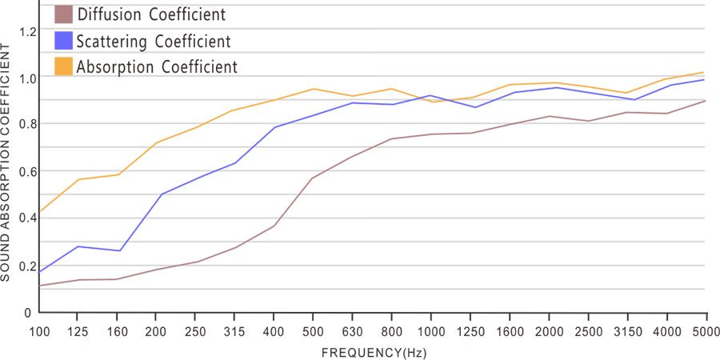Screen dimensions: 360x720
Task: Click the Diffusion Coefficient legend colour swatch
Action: click(63, 14)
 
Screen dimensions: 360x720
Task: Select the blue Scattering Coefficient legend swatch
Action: click(63, 40)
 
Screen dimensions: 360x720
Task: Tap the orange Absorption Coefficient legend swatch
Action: click(63, 66)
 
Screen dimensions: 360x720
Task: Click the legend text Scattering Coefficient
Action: click(153, 41)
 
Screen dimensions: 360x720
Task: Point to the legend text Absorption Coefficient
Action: click(157, 66)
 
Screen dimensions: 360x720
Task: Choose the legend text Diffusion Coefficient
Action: click(150, 14)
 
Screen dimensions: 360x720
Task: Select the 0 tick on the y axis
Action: click(28, 312)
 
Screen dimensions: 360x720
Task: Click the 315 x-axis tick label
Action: click(234, 330)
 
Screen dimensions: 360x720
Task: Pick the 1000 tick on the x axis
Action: click(430, 330)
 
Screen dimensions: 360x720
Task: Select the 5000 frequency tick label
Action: click(705, 330)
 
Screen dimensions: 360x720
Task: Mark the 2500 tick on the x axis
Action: click(588, 330)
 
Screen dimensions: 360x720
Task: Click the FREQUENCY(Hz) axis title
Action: click(373, 352)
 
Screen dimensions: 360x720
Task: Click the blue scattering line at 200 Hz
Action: click(162, 194)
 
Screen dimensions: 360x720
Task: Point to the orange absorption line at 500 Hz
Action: click(314, 89)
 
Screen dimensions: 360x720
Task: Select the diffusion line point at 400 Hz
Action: click(274, 226)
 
